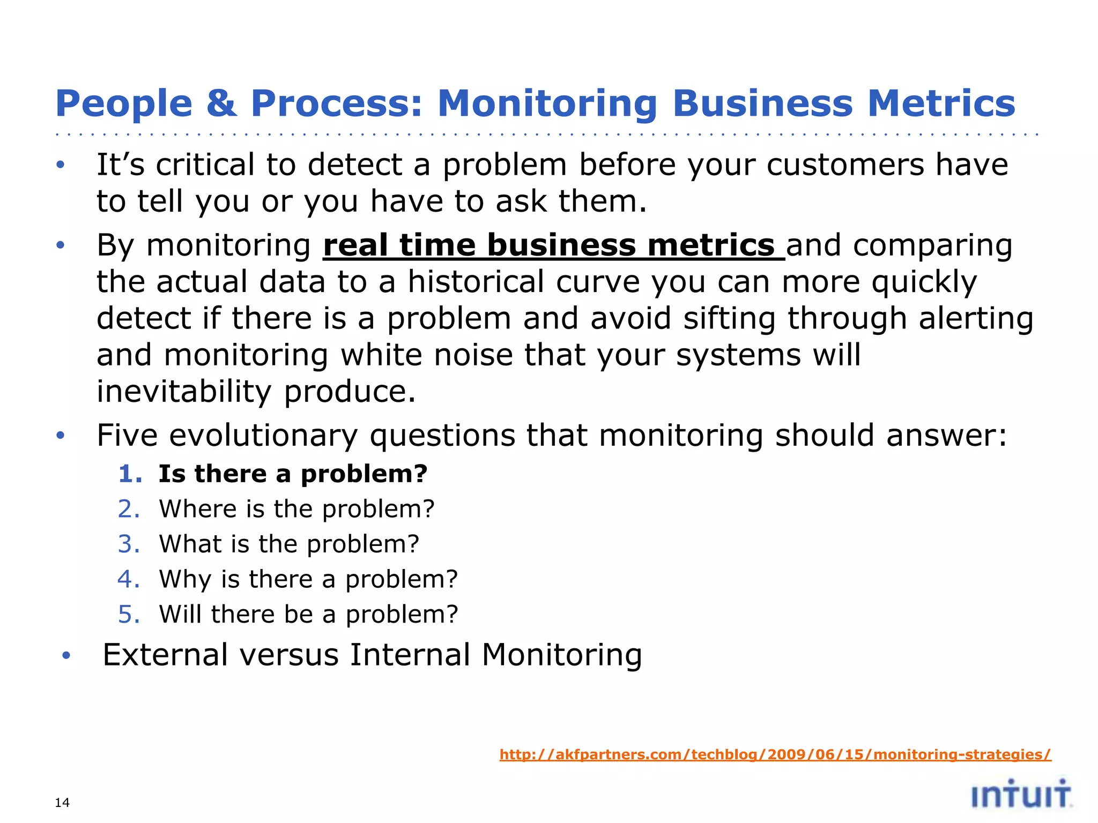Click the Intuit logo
click(1021, 794)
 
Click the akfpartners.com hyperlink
click(775, 754)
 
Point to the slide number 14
click(62, 802)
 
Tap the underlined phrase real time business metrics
click(553, 246)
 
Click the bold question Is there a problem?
click(293, 474)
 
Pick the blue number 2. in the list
click(129, 509)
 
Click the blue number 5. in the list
click(129, 614)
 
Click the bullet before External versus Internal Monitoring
click(66, 656)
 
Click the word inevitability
click(184, 392)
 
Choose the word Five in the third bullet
click(127, 435)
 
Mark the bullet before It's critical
click(61, 165)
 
